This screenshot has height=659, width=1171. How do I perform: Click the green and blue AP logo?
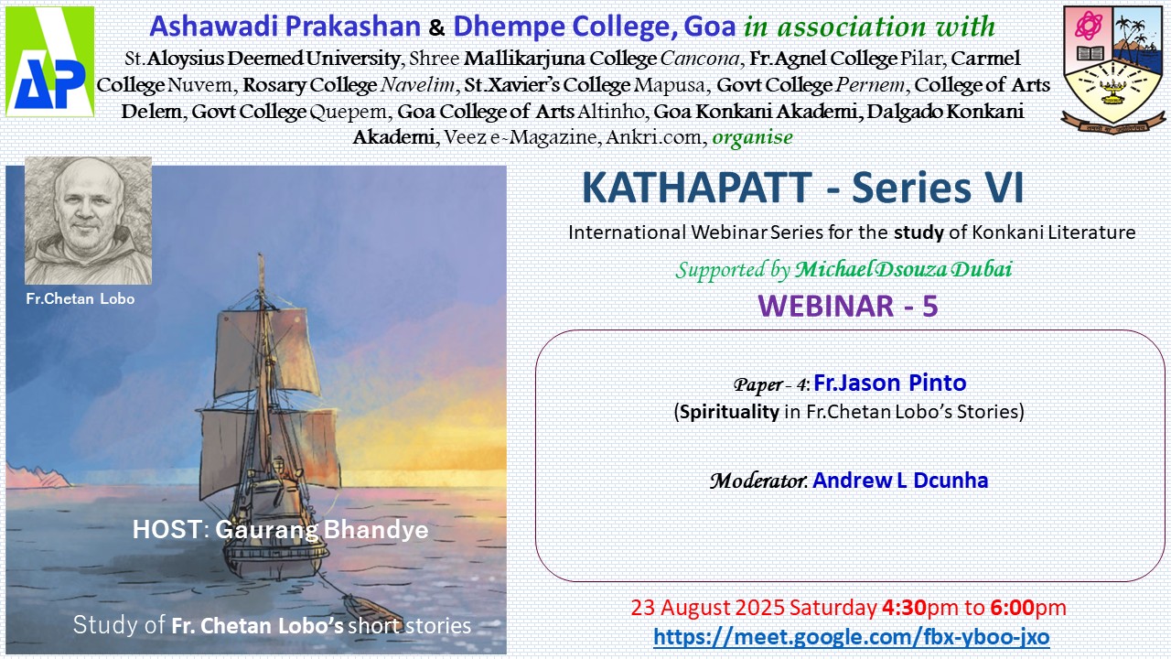49,61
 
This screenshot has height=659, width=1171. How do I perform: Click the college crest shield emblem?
1113,70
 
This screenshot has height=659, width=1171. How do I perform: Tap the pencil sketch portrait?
89,221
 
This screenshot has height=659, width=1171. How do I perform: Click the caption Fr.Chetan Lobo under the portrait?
81,298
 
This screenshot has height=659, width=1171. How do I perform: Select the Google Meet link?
851,636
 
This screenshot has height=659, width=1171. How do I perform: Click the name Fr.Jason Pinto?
890,383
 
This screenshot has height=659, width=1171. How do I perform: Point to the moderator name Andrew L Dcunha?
899,481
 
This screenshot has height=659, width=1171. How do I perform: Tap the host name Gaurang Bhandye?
321,529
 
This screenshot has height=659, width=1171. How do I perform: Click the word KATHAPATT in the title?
697,188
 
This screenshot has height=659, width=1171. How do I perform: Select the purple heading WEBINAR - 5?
848,306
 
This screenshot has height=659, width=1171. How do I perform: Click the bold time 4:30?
904,608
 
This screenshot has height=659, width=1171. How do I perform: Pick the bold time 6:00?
1012,608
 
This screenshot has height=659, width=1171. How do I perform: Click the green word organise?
752,137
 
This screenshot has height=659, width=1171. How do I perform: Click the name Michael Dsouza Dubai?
903,269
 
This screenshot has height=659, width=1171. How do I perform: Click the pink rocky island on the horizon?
38,476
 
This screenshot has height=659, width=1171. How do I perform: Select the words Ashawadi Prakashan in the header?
285,27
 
